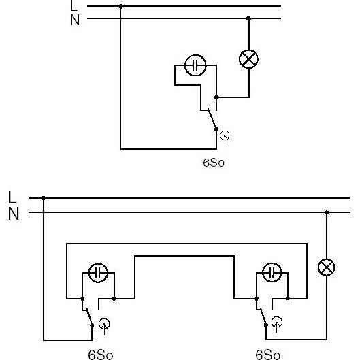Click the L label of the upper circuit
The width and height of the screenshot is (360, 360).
(74, 5)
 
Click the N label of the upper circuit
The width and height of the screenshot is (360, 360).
(75, 20)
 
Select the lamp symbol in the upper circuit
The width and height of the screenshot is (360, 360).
(248, 59)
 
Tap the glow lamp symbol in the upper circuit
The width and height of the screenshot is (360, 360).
(195, 65)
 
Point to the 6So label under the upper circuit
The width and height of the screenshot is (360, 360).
(214, 163)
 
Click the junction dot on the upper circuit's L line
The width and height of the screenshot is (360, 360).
(120, 6)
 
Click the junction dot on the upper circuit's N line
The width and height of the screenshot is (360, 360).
(248, 18)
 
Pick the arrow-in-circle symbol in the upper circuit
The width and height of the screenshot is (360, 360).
(225, 137)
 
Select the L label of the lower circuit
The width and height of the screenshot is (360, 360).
(12, 197)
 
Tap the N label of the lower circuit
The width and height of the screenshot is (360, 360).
(14, 214)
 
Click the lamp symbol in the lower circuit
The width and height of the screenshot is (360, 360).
(326, 267)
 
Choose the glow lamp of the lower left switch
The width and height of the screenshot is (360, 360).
(98, 273)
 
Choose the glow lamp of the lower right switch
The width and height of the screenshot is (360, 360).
(272, 272)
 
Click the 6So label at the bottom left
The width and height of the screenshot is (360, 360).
(101, 355)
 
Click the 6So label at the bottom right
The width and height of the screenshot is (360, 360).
(267, 355)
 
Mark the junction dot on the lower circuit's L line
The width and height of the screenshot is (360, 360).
(44, 198)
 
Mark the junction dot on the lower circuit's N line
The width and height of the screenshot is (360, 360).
(327, 212)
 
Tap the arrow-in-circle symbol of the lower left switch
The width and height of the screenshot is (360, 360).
(104, 326)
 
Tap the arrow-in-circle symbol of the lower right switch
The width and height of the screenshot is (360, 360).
(277, 324)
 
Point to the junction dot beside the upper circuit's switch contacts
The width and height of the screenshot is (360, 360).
(216, 97)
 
